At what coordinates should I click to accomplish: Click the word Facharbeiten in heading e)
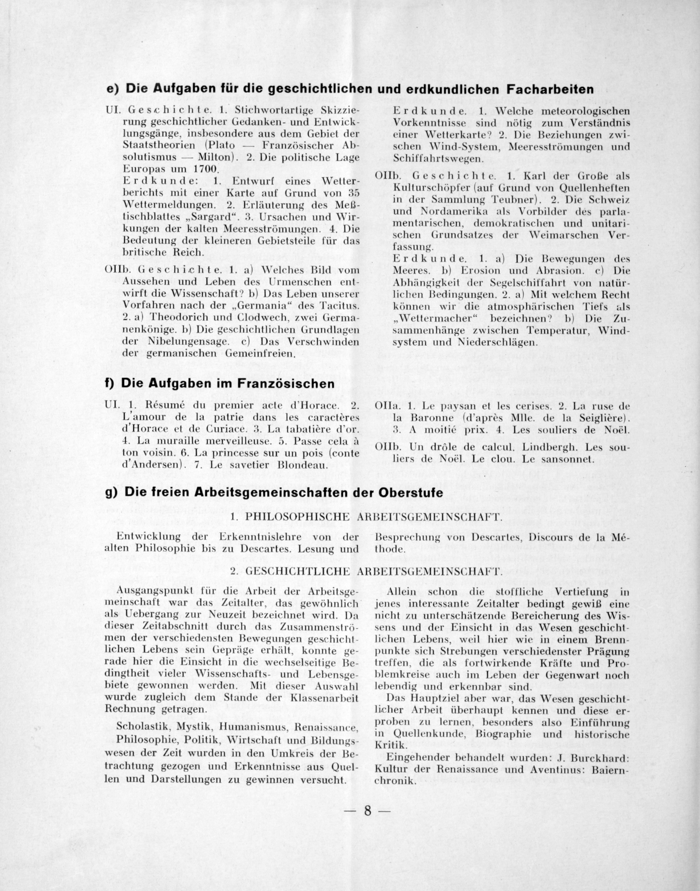pos(550,89)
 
